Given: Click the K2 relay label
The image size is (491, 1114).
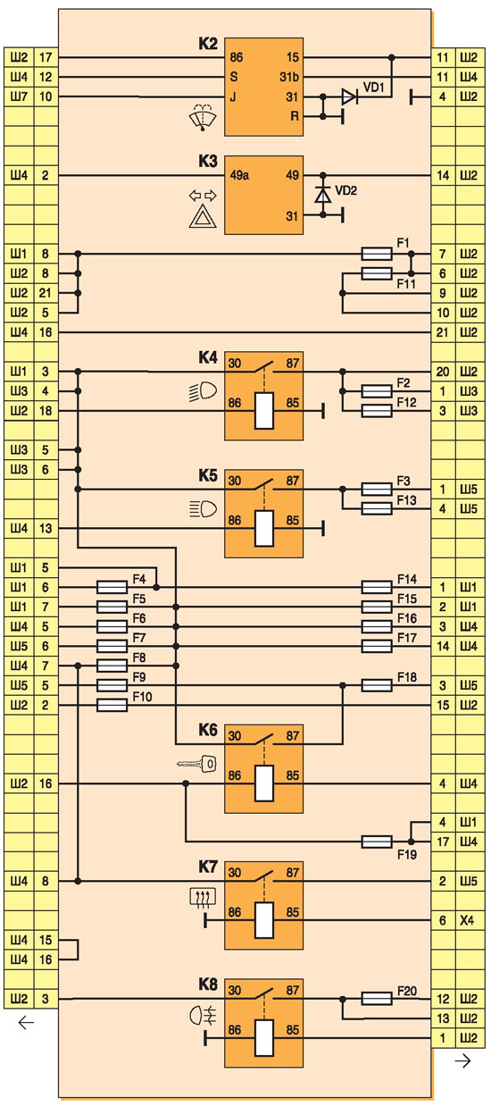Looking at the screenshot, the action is tap(208, 45).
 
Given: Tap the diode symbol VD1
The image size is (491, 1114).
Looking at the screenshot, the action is tap(350, 96).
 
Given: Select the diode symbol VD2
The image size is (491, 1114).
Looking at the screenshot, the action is tap(323, 195).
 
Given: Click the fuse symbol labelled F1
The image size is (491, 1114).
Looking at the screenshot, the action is tap(377, 254).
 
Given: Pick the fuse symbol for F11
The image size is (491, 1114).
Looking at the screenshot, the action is tap(377, 273).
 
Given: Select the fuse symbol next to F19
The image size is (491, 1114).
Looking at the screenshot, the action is tap(377, 842).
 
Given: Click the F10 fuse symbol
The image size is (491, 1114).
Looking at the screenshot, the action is tap(112, 705).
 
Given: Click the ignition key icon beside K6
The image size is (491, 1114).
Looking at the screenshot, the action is tap(197, 764).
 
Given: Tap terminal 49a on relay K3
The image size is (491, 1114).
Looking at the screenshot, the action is tap(239, 175).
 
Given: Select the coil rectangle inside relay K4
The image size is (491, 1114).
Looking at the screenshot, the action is tap(264, 410).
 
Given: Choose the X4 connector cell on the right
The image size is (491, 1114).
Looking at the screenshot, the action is tap(467, 920).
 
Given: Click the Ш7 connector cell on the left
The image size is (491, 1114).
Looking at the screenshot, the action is tap(19, 96).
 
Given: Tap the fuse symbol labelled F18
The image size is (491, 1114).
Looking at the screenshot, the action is tap(377, 686).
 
